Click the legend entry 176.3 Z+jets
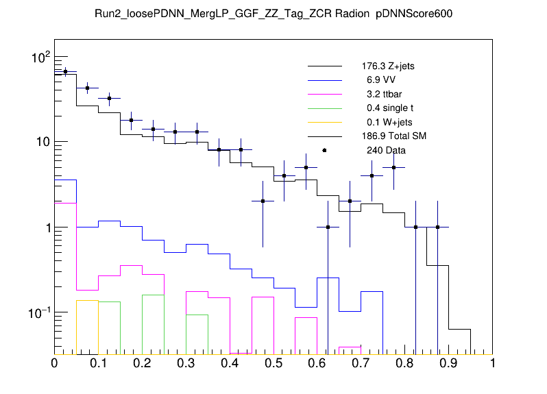pos(387,67)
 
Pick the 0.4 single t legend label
pos(389,108)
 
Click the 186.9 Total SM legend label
pos(393,136)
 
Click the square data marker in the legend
pos(324,150)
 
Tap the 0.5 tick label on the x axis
pos(273,363)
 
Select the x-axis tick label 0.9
pos(449,363)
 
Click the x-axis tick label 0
pos(54,363)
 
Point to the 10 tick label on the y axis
pos(41,142)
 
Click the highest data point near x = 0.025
pos(65,71)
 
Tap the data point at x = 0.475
pos(263,201)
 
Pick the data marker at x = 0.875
pos(437,227)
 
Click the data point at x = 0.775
pos(393,167)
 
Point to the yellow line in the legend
pos(324,122)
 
